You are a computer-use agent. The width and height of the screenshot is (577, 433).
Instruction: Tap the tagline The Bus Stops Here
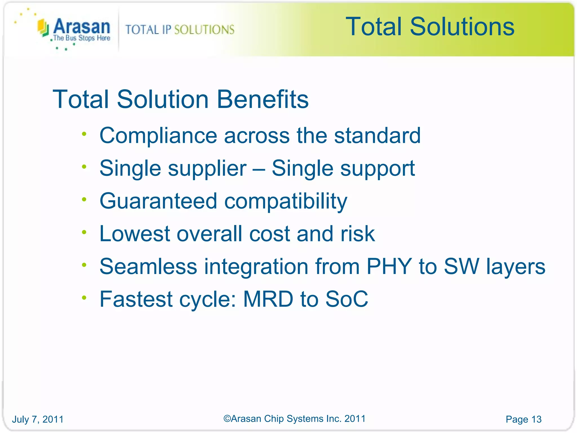pos(82,38)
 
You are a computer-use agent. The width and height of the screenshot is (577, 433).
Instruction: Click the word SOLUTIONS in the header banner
pos(204,30)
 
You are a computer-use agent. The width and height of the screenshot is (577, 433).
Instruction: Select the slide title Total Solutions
pos(430,26)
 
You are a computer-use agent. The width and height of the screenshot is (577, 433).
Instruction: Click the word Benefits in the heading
pos(263,99)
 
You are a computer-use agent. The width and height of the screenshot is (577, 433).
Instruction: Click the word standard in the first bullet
pos(377,136)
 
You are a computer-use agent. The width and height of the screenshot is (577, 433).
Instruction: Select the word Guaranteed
pos(158,201)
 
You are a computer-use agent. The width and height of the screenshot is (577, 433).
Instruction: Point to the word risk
pos(358,234)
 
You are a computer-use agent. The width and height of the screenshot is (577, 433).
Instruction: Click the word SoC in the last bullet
pos(347,299)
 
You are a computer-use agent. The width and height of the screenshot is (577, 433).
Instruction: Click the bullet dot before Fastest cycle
pos(84,298)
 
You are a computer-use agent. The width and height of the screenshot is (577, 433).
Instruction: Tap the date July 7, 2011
pos(38,419)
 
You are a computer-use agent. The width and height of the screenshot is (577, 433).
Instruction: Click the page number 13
pos(536,419)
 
